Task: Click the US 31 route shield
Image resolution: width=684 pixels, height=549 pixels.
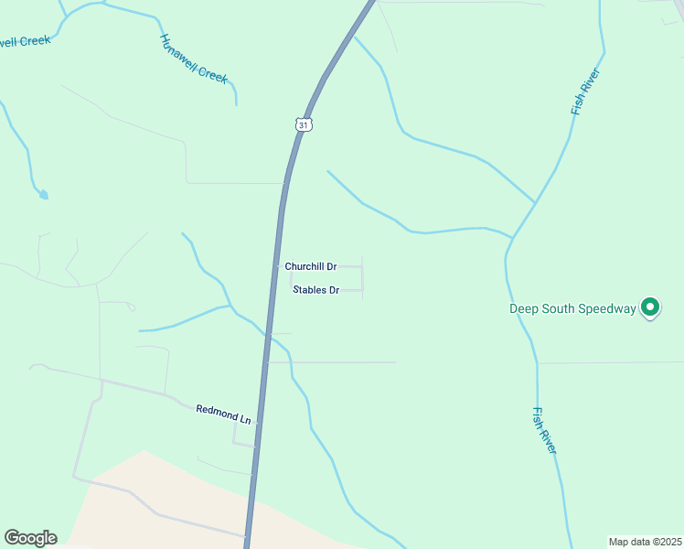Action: pyautogui.click(x=305, y=124)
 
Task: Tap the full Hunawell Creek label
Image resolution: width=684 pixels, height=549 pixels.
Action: pyautogui.click(x=194, y=59)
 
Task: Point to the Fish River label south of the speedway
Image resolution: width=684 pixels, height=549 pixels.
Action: pyautogui.click(x=544, y=430)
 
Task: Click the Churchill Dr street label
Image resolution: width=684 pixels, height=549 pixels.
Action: pyautogui.click(x=311, y=266)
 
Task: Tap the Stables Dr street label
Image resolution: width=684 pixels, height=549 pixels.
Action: pyautogui.click(x=316, y=290)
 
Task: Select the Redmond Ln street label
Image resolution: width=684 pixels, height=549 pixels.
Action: pyautogui.click(x=223, y=413)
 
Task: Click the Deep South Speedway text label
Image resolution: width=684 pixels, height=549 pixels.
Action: pyautogui.click(x=572, y=308)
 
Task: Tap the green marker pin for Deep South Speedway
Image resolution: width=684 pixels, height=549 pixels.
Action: pyautogui.click(x=650, y=307)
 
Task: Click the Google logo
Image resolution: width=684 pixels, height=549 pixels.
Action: pyautogui.click(x=30, y=538)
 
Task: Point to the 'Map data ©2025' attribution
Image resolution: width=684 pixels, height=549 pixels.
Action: pyautogui.click(x=645, y=542)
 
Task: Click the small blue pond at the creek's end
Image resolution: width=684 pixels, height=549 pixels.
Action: pyautogui.click(x=42, y=194)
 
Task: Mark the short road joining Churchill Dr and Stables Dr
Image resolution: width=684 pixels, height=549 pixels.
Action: pyautogui.click(x=362, y=278)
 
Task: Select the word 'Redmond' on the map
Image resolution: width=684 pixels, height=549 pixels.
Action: pyautogui.click(x=216, y=411)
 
